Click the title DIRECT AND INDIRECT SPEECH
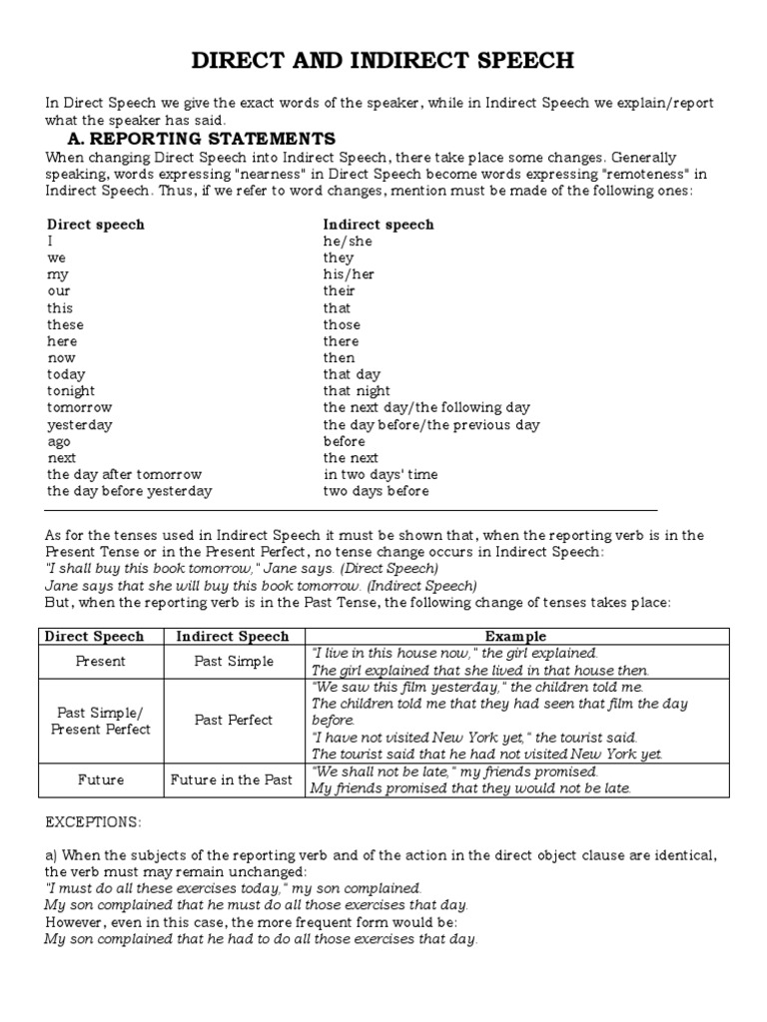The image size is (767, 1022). tap(383, 61)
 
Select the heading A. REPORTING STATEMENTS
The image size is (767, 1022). tap(201, 138)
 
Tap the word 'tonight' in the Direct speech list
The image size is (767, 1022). tap(71, 391)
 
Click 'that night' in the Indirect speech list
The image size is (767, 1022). tap(357, 391)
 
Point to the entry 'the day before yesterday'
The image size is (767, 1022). tap(129, 491)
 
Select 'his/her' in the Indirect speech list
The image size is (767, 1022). tap(349, 274)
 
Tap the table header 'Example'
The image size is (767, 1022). tap(515, 636)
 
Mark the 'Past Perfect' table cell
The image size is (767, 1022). tap(233, 720)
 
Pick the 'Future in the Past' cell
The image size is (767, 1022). tap(233, 779)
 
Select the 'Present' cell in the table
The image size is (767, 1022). tap(101, 661)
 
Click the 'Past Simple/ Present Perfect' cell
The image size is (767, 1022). tap(101, 720)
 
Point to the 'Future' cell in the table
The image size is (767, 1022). tap(101, 779)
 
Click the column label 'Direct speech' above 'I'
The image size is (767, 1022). tap(96, 225)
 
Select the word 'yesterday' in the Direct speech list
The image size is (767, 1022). tap(80, 425)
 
